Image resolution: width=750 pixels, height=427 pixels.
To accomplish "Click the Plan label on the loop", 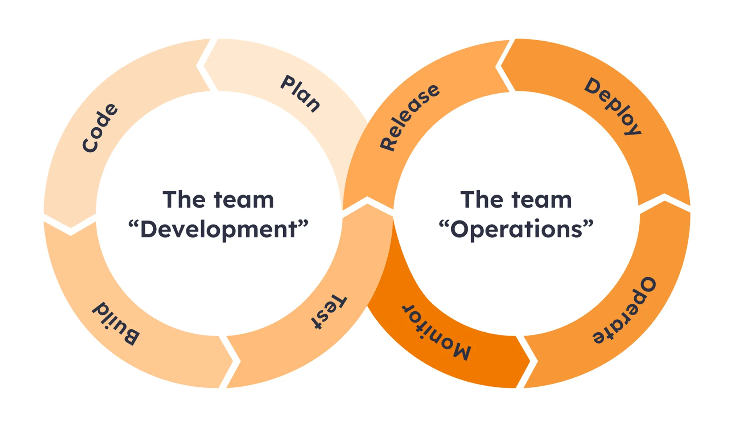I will (x=300, y=94).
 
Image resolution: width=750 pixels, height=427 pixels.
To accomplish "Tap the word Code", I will (x=100, y=128).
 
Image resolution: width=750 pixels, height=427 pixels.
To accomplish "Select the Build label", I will (x=115, y=323).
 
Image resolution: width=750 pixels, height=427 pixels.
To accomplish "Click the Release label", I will (x=409, y=117).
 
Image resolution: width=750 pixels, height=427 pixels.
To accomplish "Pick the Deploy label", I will (x=613, y=106).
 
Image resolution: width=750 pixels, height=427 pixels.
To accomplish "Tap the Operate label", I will (x=625, y=311).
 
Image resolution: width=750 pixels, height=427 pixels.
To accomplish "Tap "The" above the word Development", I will (x=184, y=200).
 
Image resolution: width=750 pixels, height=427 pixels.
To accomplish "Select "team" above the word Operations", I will (x=542, y=200).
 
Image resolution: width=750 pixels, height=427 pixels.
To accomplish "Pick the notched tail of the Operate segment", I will (x=665, y=203).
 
